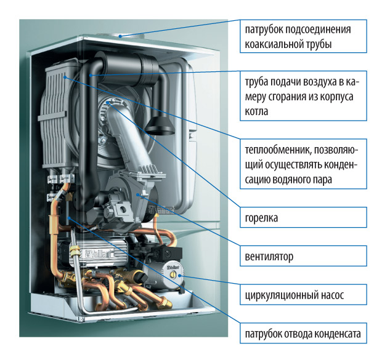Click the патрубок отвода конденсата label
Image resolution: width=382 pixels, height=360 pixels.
[x=304, y=335]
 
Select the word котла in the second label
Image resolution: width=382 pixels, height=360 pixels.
[x=258, y=112]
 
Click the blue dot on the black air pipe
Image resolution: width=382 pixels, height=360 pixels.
[x=91, y=73]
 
